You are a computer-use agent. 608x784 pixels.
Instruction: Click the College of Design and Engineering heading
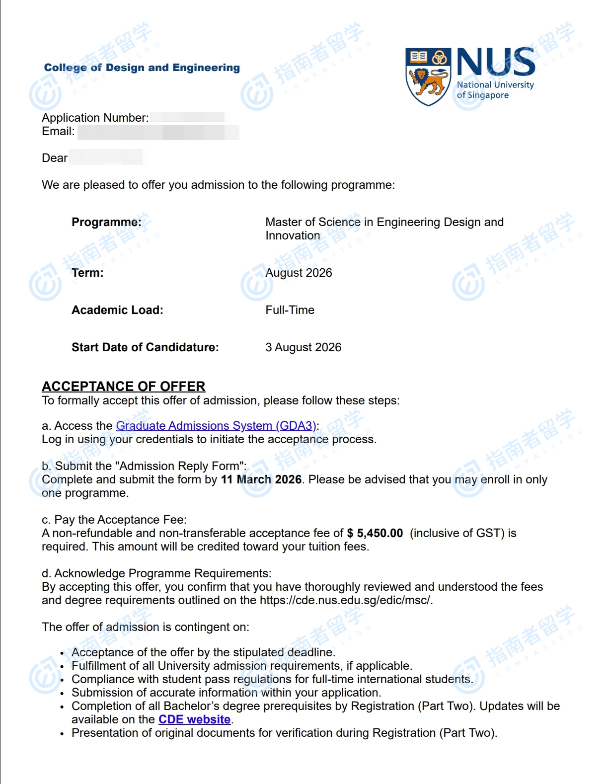click(142, 68)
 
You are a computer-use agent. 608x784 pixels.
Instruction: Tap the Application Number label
click(95, 118)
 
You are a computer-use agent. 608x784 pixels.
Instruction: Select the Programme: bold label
click(106, 222)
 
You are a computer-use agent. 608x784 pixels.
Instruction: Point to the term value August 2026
click(299, 273)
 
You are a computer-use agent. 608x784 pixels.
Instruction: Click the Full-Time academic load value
click(290, 310)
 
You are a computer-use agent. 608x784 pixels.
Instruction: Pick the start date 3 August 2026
click(303, 347)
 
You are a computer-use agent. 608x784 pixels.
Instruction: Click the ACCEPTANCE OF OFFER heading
click(123, 387)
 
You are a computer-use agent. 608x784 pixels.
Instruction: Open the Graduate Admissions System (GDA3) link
click(216, 426)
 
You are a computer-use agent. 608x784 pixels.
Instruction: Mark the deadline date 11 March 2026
click(261, 479)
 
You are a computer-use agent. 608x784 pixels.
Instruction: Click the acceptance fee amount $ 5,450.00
click(375, 533)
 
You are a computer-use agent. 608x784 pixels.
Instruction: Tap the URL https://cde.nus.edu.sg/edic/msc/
click(346, 600)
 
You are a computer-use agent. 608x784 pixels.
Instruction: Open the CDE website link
click(194, 719)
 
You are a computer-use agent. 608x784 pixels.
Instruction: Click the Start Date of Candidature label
click(145, 347)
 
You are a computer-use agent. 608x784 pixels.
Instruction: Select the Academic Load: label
click(117, 310)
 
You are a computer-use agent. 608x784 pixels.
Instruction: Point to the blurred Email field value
click(158, 132)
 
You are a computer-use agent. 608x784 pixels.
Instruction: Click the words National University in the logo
click(495, 85)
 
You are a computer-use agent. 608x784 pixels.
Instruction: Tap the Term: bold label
click(87, 273)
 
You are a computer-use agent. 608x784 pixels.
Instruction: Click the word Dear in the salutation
click(55, 158)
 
